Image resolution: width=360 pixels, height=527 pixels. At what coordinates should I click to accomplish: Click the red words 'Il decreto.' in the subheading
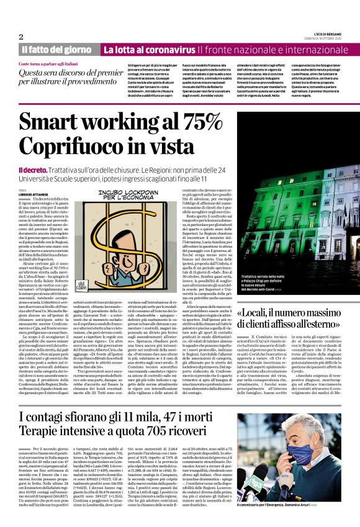[34, 169]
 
